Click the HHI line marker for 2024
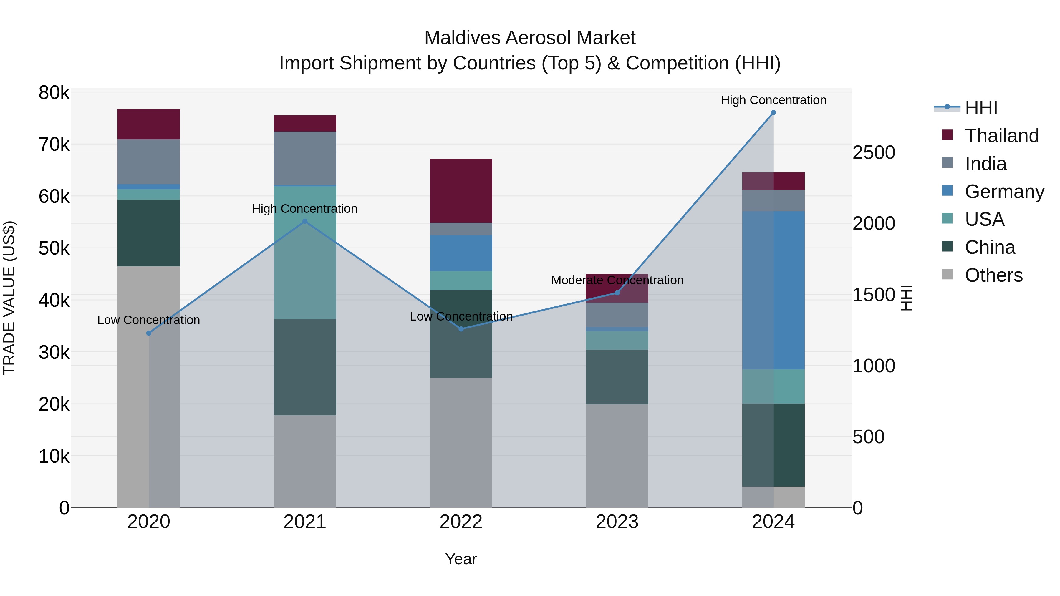773,113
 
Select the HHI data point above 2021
305,221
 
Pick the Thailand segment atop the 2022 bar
461,190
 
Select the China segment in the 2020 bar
149,233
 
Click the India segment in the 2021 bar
305,158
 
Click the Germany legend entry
1004,192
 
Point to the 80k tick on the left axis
54,93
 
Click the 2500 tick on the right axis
874,152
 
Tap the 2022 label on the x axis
461,522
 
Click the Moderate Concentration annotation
617,280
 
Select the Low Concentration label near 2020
149,320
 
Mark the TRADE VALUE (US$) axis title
9,298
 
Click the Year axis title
461,559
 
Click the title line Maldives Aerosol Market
530,38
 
